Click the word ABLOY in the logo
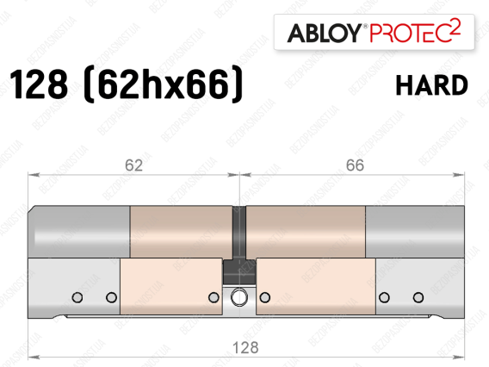tap(324, 33)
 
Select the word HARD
tap(431, 85)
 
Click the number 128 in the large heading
tap(39, 84)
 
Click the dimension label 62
tap(133, 165)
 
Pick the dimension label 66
tap(355, 165)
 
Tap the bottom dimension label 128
tap(245, 347)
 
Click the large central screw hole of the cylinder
tap(239, 296)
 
